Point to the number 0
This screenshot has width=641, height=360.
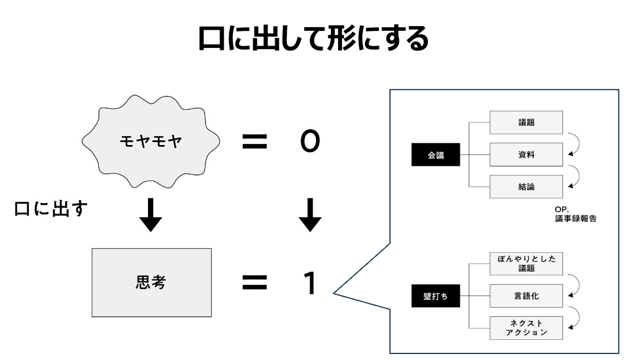(x=310, y=140)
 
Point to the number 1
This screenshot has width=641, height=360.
(x=309, y=282)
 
